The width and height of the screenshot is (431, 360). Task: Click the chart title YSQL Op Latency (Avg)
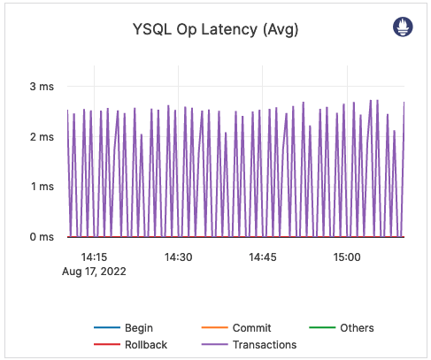[215, 30]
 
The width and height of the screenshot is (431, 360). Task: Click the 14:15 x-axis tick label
[94, 257]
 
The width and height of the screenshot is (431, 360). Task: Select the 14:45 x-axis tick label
[263, 257]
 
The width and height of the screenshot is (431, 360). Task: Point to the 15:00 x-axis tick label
[347, 257]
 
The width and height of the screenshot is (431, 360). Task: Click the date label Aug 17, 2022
[94, 272]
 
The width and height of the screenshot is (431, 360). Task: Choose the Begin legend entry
[139, 328]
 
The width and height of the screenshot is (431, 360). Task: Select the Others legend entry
[357, 328]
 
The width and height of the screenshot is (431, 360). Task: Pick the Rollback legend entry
[146, 345]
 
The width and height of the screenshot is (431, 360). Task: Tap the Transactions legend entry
[264, 345]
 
